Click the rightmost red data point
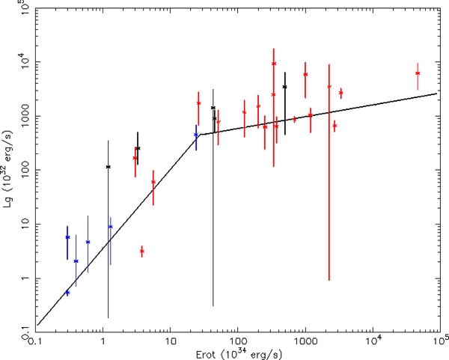coord(417,73)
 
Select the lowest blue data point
coord(67,293)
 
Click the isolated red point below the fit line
coord(141,251)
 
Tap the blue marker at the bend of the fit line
coord(196,135)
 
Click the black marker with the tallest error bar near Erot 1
coord(108,167)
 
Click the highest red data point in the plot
coord(274,64)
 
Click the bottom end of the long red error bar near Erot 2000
coord(329,279)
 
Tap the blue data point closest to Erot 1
coord(110,227)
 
